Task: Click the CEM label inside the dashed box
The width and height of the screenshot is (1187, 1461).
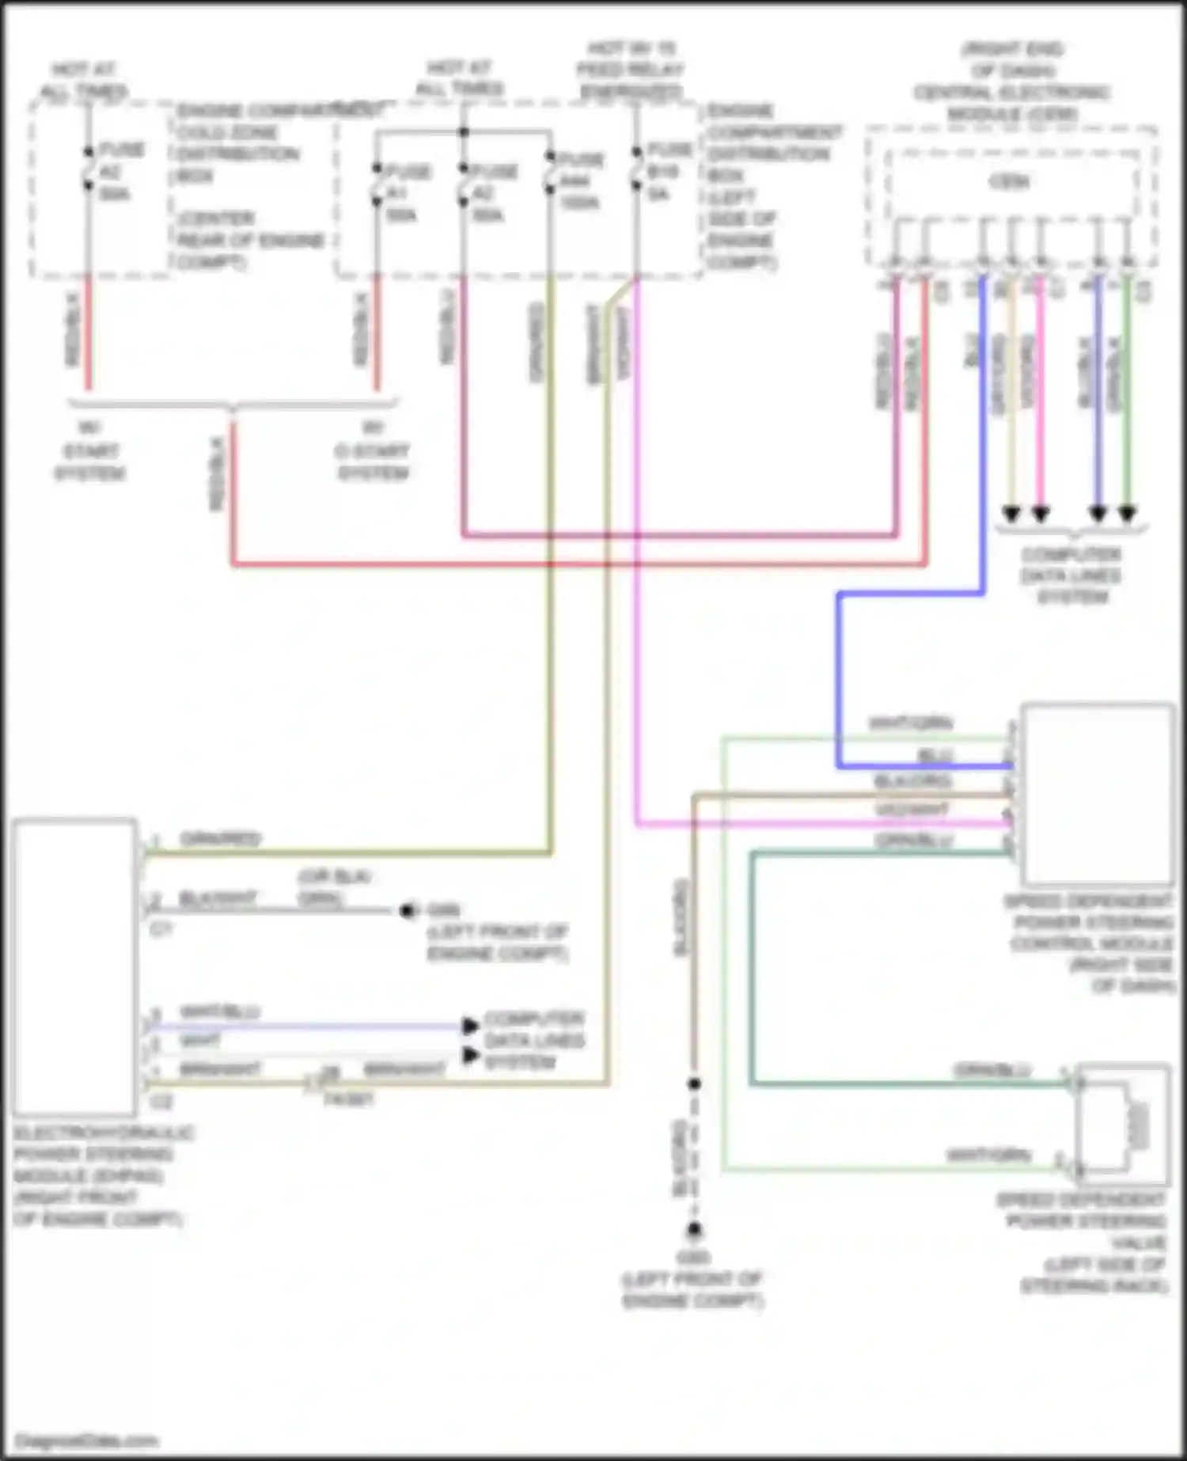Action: (x=1010, y=182)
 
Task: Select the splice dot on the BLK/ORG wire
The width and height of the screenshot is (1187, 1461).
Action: (x=694, y=1083)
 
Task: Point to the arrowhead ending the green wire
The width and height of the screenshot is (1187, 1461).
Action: (x=1127, y=514)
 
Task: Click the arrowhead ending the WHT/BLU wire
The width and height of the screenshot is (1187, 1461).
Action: (x=471, y=1026)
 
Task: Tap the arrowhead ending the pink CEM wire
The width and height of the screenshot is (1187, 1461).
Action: (x=1041, y=514)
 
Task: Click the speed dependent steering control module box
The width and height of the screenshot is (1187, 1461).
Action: (x=1097, y=793)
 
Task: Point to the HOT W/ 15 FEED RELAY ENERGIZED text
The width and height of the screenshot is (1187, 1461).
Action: (x=630, y=70)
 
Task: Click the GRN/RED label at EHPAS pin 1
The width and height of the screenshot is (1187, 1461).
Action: (x=220, y=839)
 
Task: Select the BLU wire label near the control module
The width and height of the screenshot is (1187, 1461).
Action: (x=935, y=756)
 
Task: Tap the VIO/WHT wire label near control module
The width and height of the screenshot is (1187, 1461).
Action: (x=912, y=810)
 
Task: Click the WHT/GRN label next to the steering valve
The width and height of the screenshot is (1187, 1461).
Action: (x=988, y=1156)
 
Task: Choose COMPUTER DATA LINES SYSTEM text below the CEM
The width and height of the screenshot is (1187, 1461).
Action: (x=1071, y=575)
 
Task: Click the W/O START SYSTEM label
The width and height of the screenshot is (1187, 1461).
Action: (x=372, y=451)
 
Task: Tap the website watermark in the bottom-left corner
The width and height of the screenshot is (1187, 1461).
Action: (x=86, y=1440)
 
